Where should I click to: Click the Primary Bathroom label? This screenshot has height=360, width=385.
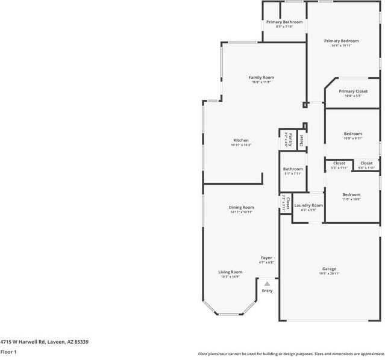tap(284, 22)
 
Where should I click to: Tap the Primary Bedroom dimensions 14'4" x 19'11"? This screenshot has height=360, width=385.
tap(341, 46)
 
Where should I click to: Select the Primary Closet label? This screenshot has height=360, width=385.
tap(352, 91)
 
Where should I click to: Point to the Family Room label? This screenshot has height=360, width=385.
tap(261, 77)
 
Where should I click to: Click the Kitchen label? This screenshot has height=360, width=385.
tap(241, 140)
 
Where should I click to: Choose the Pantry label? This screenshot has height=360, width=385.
tap(290, 140)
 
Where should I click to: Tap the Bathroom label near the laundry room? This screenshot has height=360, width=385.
tap(293, 169)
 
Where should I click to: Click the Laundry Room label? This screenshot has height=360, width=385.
tap(308, 205)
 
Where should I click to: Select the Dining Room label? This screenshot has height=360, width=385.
tap(241, 207)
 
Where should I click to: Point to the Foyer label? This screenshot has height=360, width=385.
tap(266, 258)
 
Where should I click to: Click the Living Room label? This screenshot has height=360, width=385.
tap(230, 272)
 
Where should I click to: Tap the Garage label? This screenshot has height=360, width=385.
tap(329, 268)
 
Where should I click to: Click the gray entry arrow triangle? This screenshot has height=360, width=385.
tap(267, 284)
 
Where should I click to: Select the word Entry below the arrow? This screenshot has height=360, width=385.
tap(267, 291)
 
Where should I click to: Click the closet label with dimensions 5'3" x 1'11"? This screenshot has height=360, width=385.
tap(339, 163)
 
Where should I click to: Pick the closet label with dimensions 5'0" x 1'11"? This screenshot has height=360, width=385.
tap(366, 163)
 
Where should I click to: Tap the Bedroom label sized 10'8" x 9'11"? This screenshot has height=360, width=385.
tap(353, 134)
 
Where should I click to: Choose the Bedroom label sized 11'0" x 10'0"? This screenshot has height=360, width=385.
tap(351, 194)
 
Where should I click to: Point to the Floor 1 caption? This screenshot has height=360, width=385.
tap(8, 352)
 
